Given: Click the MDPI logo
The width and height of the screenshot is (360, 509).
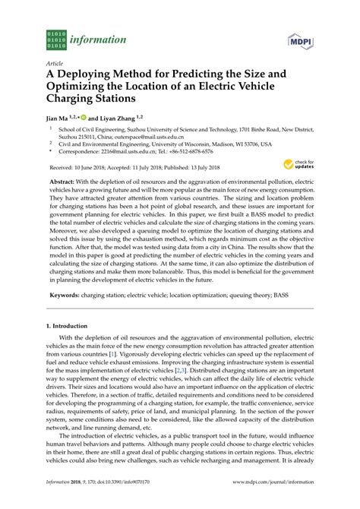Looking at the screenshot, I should click(x=303, y=38).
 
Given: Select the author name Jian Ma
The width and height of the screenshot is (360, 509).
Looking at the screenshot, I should click(x=58, y=119).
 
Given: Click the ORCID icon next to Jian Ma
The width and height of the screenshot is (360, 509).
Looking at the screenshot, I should click(x=83, y=119).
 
